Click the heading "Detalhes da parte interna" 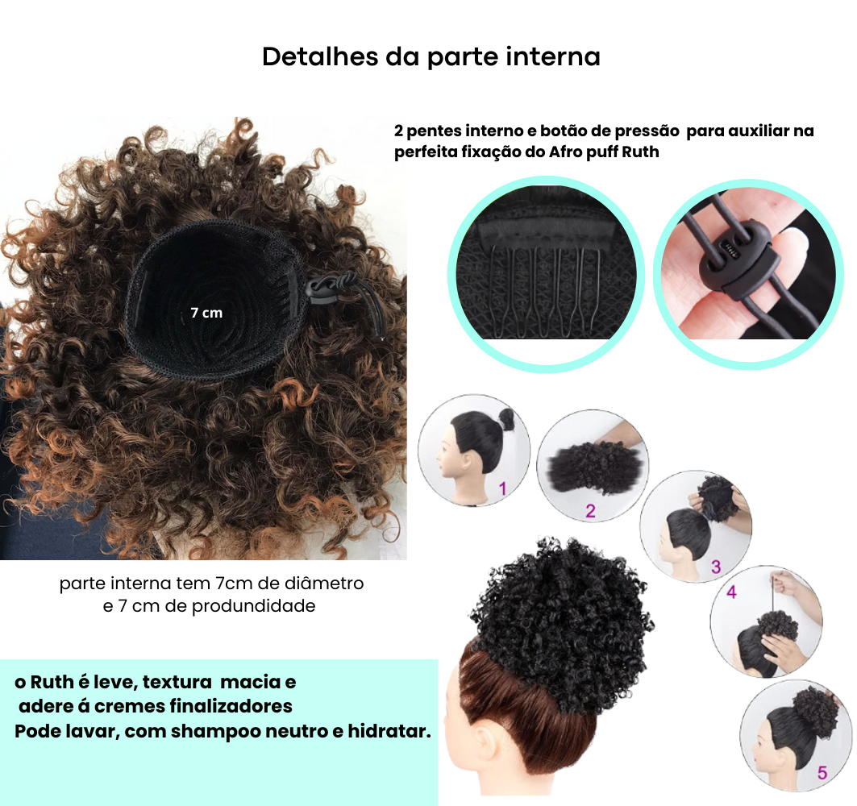[431, 57]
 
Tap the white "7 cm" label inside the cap [206, 313]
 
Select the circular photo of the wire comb [546, 274]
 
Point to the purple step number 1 [503, 488]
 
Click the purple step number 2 [590, 511]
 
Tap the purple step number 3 [715, 567]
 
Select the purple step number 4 [732, 592]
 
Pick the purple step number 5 [822, 773]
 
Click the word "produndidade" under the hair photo [254, 607]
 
